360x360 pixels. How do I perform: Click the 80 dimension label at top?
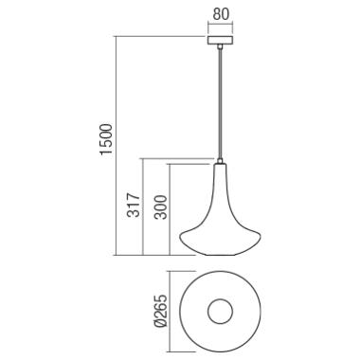tap(221, 14)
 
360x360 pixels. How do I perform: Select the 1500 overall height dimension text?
tap(106, 139)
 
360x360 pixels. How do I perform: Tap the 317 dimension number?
tap(134, 205)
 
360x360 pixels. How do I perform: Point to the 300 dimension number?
tap(161, 207)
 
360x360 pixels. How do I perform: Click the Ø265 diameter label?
tap(161, 312)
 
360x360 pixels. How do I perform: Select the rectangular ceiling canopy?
tap(221, 41)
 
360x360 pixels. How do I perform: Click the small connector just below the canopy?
tap(220, 46)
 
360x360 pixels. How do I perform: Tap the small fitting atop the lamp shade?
tap(220, 161)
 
